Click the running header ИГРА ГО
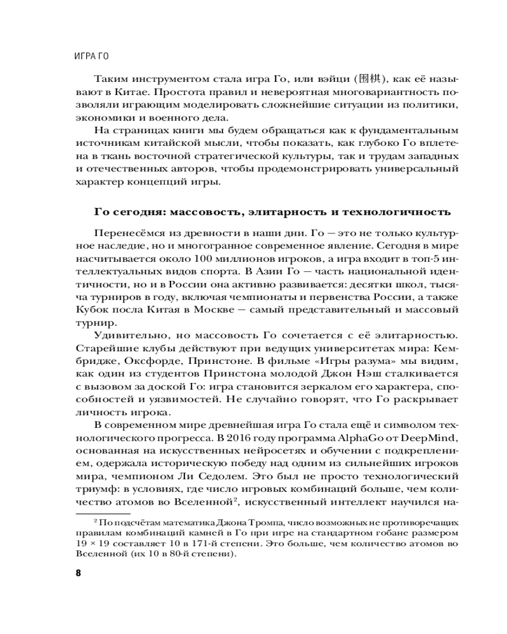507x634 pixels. coord(91,55)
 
